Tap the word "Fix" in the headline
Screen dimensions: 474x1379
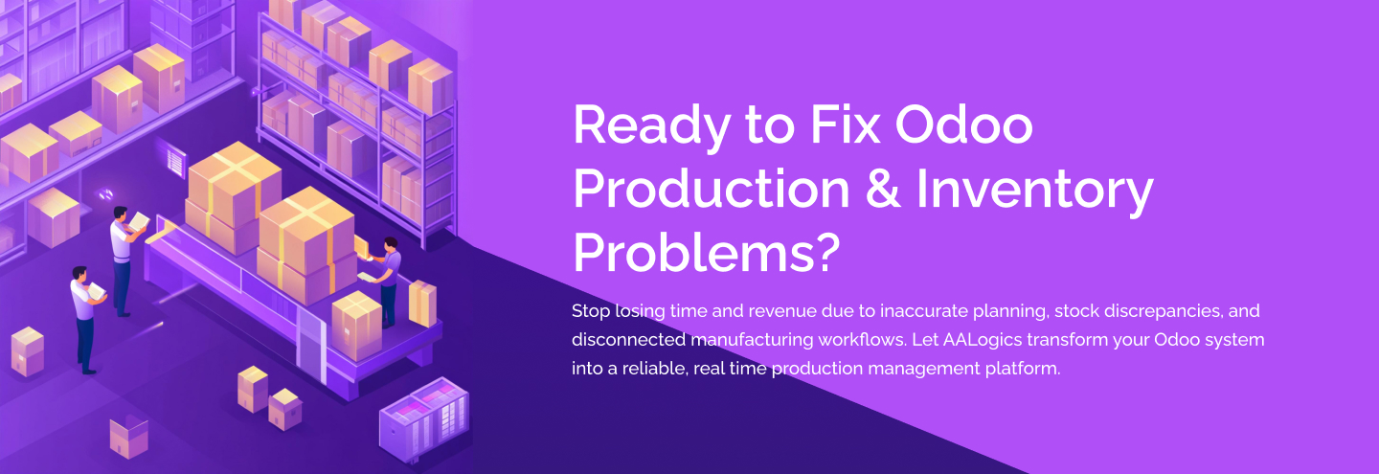coord(832,125)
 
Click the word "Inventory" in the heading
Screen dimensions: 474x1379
coord(1034,190)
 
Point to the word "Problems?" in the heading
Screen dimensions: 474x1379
coord(706,252)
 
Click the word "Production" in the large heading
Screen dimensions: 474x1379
coord(711,190)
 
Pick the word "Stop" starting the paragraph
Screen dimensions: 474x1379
coord(591,311)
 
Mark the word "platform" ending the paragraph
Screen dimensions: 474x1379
coord(1024,369)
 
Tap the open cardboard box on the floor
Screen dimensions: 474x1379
coord(128,436)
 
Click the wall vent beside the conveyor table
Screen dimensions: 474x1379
coord(175,160)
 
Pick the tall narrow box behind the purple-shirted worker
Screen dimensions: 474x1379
coord(421,302)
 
